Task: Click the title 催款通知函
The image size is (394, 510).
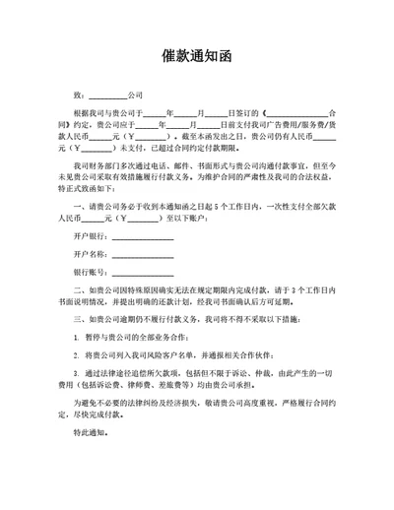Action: [196, 57]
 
